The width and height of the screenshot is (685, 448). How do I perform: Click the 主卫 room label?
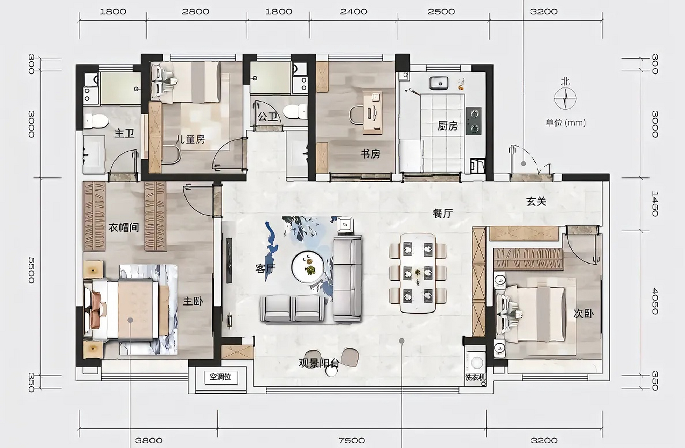(124, 133)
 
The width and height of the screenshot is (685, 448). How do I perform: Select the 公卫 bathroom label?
(267, 116)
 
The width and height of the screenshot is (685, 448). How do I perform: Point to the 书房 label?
(370, 153)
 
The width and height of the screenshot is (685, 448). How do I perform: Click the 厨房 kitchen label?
(448, 126)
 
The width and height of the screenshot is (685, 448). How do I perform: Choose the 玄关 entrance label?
(536, 201)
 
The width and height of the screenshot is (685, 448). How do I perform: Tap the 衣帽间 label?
(124, 227)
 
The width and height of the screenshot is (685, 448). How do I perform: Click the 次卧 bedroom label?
(583, 314)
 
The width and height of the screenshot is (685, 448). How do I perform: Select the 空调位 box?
(221, 377)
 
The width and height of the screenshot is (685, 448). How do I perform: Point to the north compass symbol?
(565, 98)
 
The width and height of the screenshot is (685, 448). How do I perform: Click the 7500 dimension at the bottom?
(352, 441)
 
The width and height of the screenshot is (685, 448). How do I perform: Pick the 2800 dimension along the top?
(195, 12)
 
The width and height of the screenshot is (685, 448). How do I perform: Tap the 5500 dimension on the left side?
(31, 270)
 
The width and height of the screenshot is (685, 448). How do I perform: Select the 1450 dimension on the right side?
(655, 204)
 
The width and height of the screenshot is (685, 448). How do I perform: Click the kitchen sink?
(439, 83)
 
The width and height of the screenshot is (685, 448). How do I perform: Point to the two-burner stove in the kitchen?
(474, 121)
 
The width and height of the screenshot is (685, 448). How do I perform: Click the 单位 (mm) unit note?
(566, 123)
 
